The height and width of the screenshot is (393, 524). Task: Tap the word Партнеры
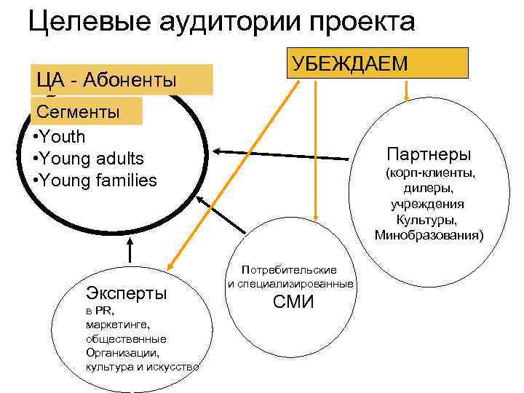tap(429, 154)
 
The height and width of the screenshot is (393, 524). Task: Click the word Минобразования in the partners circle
tap(429, 235)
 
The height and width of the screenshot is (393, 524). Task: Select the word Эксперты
tap(127, 293)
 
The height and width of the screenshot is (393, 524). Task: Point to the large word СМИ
tap(293, 301)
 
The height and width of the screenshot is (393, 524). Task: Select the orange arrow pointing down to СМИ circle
tap(315, 146)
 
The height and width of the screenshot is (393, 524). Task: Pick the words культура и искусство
tap(142, 366)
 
